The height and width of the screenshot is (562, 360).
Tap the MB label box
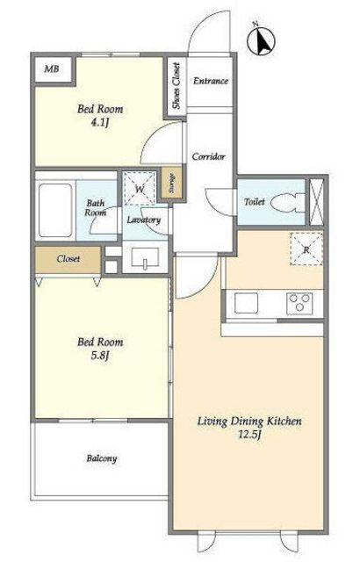click(52, 68)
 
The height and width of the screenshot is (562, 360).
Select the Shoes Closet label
click(176, 86)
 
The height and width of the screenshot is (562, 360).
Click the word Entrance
click(211, 81)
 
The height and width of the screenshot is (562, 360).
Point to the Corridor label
click(208, 156)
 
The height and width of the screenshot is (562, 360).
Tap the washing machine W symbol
click(140, 189)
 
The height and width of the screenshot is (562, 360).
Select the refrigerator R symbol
click(306, 249)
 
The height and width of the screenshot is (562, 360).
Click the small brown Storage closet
click(171, 183)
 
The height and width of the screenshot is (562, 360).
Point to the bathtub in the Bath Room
click(55, 211)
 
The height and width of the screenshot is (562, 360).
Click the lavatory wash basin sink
click(145, 258)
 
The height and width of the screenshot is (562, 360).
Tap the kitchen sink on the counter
click(247, 303)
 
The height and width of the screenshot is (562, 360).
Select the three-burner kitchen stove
click(299, 303)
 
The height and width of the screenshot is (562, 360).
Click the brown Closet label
click(68, 259)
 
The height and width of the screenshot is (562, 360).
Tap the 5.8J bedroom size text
click(100, 356)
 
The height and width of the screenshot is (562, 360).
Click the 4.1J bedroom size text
click(100, 123)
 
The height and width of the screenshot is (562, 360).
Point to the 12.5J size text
click(249, 435)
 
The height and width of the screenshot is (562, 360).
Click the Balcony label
click(102, 458)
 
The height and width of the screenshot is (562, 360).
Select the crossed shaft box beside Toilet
click(316, 201)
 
